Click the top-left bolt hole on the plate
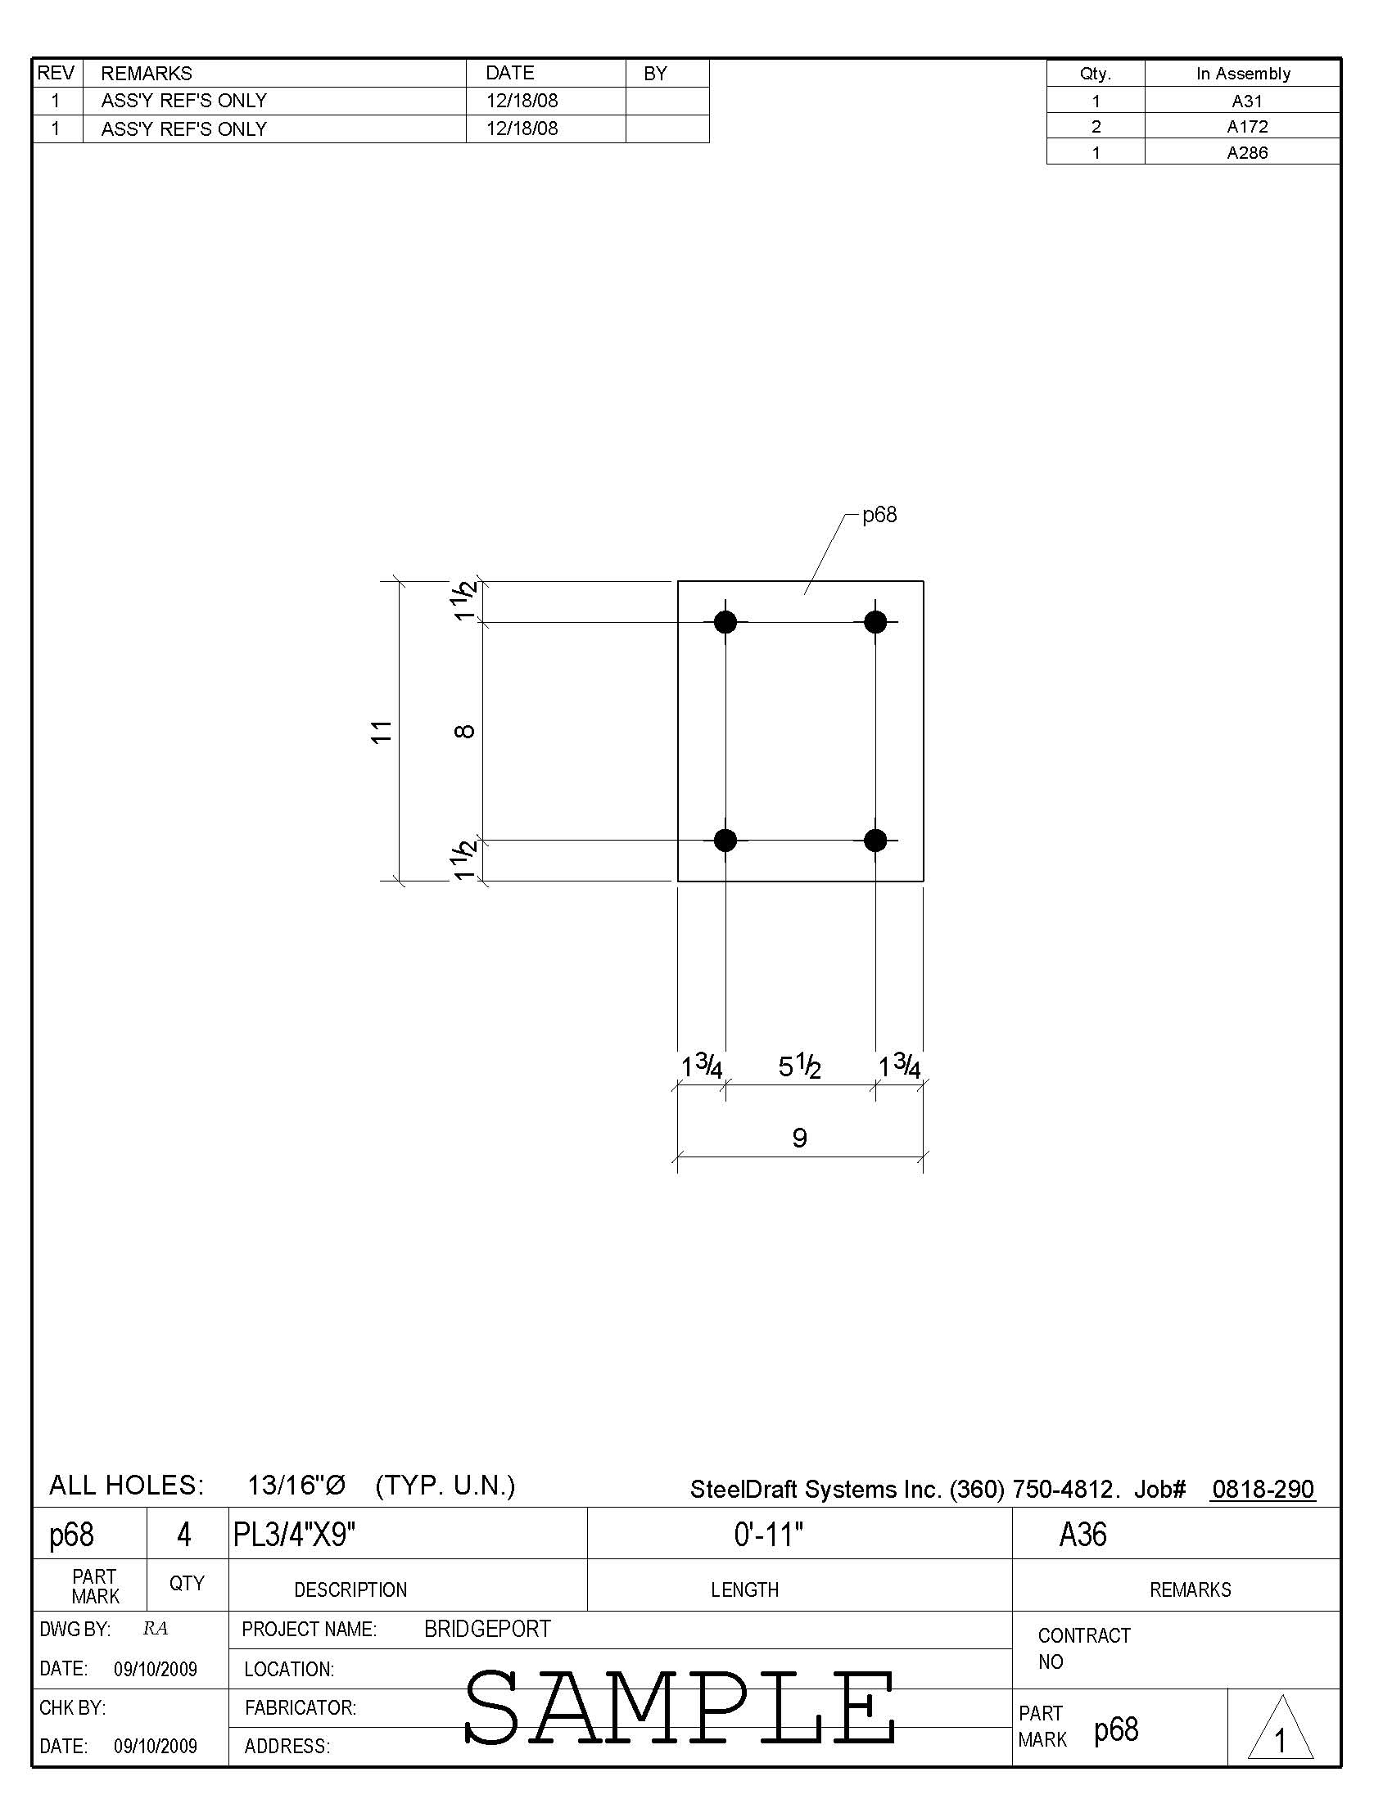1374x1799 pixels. pos(725,622)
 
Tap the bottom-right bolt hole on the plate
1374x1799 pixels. pos(875,840)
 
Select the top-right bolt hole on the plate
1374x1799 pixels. pos(875,622)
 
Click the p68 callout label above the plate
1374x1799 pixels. pos(879,515)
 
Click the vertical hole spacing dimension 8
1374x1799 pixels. pos(464,731)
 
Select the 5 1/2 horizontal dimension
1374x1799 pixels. pos(799,1066)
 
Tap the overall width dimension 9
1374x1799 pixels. pos(800,1138)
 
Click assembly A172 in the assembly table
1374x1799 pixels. pos(1246,127)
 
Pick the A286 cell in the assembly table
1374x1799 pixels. pos(1246,153)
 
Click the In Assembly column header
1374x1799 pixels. pos(1242,74)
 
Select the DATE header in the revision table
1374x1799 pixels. pos(509,73)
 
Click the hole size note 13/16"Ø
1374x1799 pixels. pos(296,1486)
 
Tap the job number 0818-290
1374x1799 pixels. pos(1263,1489)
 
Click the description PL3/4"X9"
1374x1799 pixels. pos(294,1535)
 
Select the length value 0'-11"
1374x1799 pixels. pos(768,1535)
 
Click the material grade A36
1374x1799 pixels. pos(1082,1535)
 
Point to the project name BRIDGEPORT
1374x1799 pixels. pos(487,1629)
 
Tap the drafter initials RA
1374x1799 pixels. pos(155,1629)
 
